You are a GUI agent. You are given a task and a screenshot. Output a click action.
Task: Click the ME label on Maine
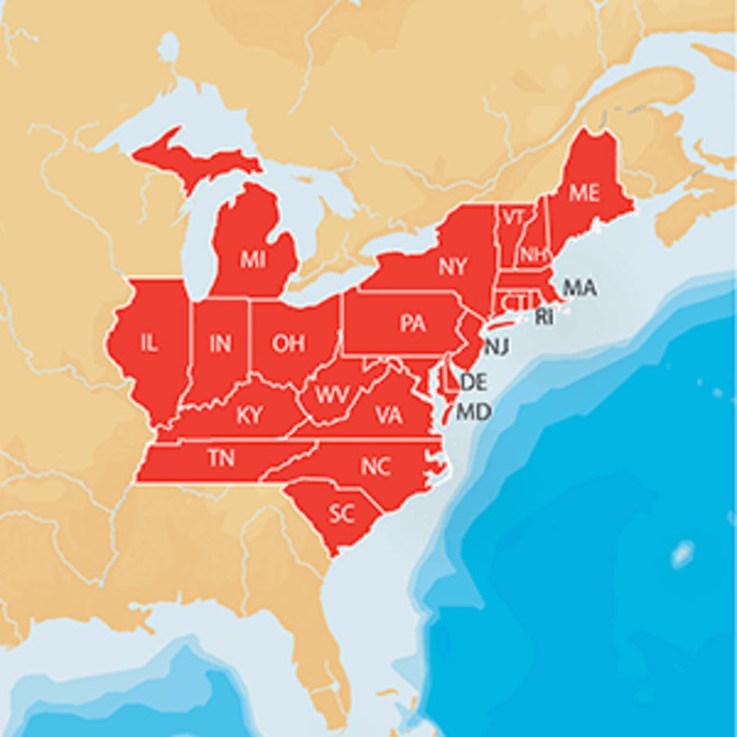(585, 193)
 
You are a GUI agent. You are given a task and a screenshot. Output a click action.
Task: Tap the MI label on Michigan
(253, 260)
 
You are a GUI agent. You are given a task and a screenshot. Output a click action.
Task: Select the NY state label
(453, 266)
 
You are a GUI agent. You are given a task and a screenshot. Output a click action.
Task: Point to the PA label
(413, 323)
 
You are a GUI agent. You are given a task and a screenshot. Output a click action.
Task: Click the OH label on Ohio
(288, 343)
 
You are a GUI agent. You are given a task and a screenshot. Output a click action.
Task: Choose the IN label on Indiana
(219, 344)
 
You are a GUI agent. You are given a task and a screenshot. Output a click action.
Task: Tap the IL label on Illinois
(148, 344)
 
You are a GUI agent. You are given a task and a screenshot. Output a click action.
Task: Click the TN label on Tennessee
(221, 459)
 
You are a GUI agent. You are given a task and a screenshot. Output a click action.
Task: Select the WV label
(332, 395)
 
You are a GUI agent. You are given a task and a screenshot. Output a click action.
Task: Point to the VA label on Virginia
(389, 415)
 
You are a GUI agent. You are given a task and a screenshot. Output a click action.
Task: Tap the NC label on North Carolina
(375, 467)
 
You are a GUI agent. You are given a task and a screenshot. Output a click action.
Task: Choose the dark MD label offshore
(473, 411)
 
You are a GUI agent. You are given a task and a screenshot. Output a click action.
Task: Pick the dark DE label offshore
(475, 382)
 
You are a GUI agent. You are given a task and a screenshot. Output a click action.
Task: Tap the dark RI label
(544, 318)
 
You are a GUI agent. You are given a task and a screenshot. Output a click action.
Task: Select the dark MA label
(580, 288)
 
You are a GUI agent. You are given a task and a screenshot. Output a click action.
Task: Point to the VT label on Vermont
(513, 217)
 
